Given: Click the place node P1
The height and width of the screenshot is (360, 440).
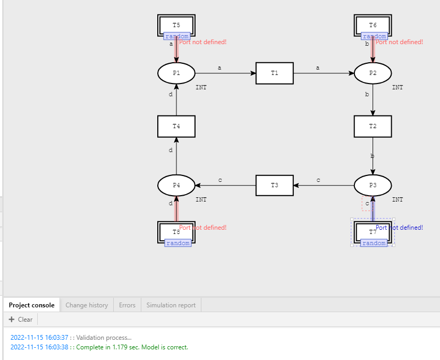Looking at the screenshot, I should tap(176, 73).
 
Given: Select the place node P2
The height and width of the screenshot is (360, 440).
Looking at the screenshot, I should tap(373, 73).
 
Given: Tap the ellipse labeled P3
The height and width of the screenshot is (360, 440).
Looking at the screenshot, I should tap(373, 185).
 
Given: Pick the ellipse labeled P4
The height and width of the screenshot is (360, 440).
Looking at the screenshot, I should tap(176, 185).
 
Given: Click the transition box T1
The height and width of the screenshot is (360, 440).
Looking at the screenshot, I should tap(274, 73).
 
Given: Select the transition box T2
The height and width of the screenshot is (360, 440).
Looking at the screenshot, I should tap(373, 126).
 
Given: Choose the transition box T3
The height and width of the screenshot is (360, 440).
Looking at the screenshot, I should tap(274, 185).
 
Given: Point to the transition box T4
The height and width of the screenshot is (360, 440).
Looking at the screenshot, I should tap(176, 126).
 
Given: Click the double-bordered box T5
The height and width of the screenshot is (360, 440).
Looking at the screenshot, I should tap(176, 24).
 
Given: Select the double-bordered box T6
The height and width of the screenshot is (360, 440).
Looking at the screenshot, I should tap(373, 24).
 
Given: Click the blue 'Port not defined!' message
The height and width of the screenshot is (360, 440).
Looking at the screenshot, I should tap(400, 228).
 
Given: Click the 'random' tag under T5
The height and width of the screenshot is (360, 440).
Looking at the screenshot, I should tap(176, 36).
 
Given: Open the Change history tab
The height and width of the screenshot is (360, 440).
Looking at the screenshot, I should tap(87, 305).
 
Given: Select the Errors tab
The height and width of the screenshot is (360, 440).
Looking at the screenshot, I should tap(126, 305).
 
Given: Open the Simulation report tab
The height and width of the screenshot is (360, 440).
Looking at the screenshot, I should tap(171, 305).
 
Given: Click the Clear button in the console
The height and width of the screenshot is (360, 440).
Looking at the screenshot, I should tap(21, 320).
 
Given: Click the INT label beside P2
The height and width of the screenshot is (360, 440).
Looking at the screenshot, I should tap(397, 87).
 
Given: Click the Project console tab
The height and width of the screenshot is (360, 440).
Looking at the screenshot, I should tap(31, 305).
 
